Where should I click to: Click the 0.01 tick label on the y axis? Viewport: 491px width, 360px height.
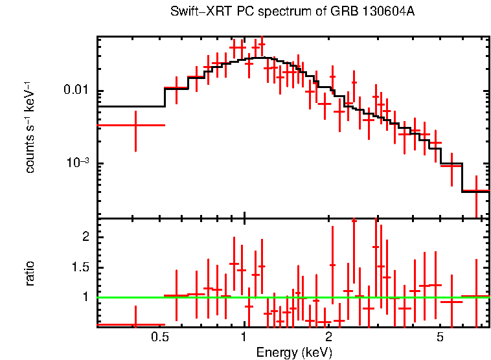coord(75,90)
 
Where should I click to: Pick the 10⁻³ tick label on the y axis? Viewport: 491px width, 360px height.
coord(76,163)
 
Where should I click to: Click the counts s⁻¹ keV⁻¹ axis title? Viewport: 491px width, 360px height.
coord(30,127)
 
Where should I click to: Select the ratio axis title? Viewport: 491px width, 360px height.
coord(30,273)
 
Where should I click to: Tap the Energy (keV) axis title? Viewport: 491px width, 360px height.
coord(293,352)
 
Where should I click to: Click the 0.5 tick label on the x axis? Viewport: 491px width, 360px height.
coord(159,337)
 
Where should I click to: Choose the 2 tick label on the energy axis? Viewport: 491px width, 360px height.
coord(329,337)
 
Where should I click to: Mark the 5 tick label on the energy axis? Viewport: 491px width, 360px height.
coord(440,337)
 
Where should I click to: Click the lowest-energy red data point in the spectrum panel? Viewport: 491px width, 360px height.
coord(135,125)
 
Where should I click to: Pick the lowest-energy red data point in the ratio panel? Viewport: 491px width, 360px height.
coord(135,324)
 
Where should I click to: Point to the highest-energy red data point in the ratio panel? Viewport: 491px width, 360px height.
coord(476,297)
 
